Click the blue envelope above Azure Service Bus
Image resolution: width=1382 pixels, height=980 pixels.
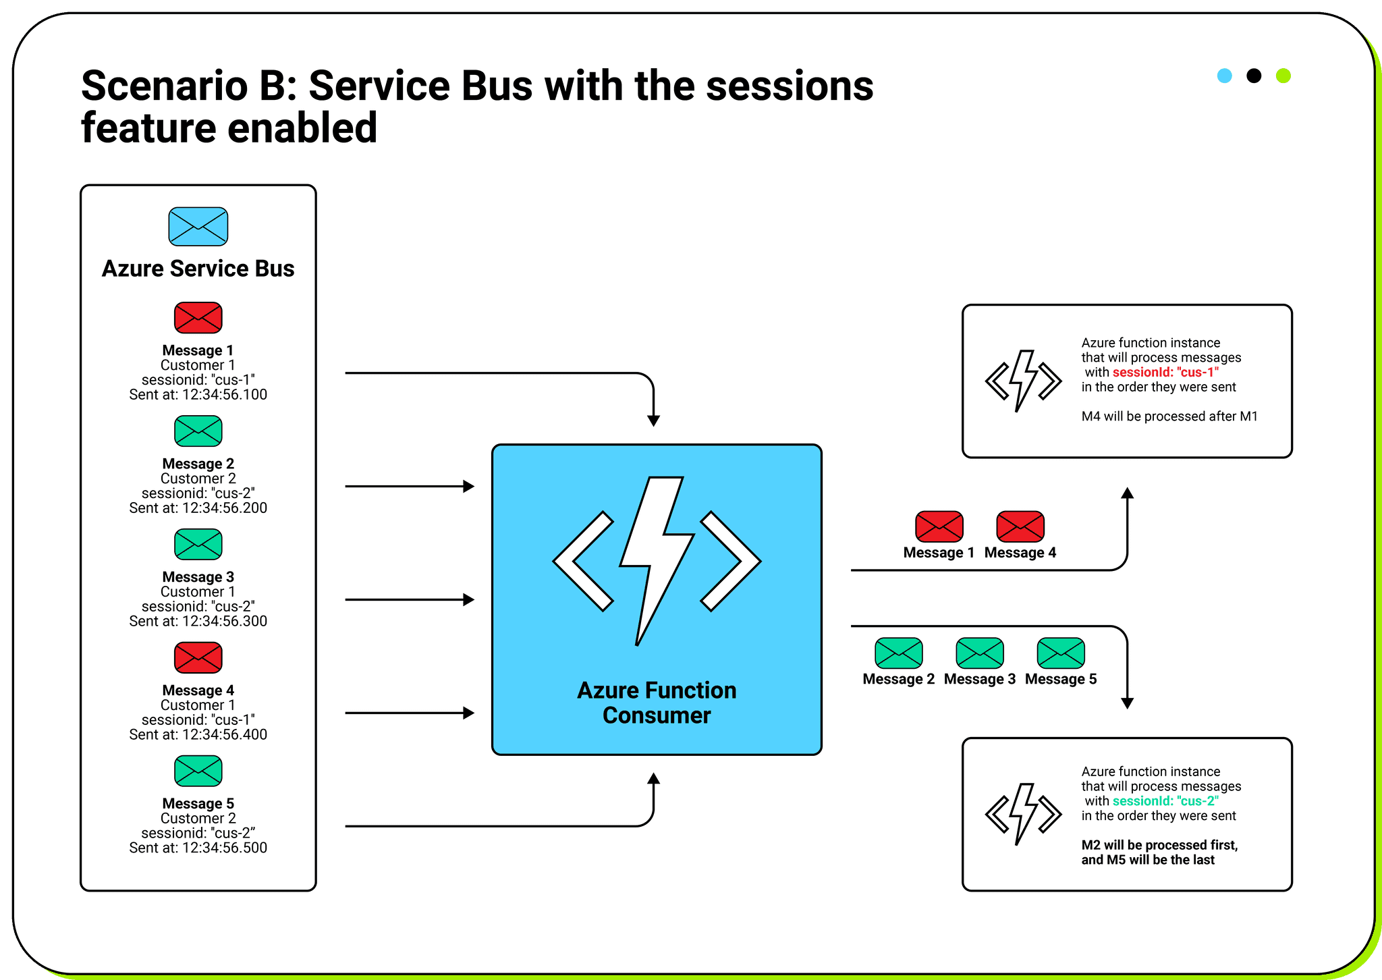tap(198, 227)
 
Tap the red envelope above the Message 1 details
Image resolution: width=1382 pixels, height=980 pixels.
tap(198, 318)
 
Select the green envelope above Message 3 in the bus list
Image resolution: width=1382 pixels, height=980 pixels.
tap(198, 545)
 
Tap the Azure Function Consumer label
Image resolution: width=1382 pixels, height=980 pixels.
tap(656, 703)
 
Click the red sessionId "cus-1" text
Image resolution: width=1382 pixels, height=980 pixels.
tap(1165, 372)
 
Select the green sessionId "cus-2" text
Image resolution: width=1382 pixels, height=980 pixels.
tap(1165, 801)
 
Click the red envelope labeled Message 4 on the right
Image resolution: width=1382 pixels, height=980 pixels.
tap(1020, 526)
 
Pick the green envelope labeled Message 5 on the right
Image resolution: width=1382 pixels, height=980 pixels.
tap(1060, 653)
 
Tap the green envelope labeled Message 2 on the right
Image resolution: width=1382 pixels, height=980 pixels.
tap(898, 653)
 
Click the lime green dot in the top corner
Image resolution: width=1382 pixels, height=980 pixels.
tap(1283, 76)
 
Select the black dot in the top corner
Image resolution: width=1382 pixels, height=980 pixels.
tap(1253, 76)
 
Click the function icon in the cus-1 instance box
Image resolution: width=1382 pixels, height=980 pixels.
tap(1023, 381)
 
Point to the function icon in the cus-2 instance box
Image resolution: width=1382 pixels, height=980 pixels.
tap(1023, 814)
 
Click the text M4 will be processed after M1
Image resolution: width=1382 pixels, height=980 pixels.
tap(1169, 416)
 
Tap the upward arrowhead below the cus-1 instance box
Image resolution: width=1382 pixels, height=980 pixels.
tap(1127, 493)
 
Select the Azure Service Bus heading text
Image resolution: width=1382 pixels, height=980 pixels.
tap(198, 269)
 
